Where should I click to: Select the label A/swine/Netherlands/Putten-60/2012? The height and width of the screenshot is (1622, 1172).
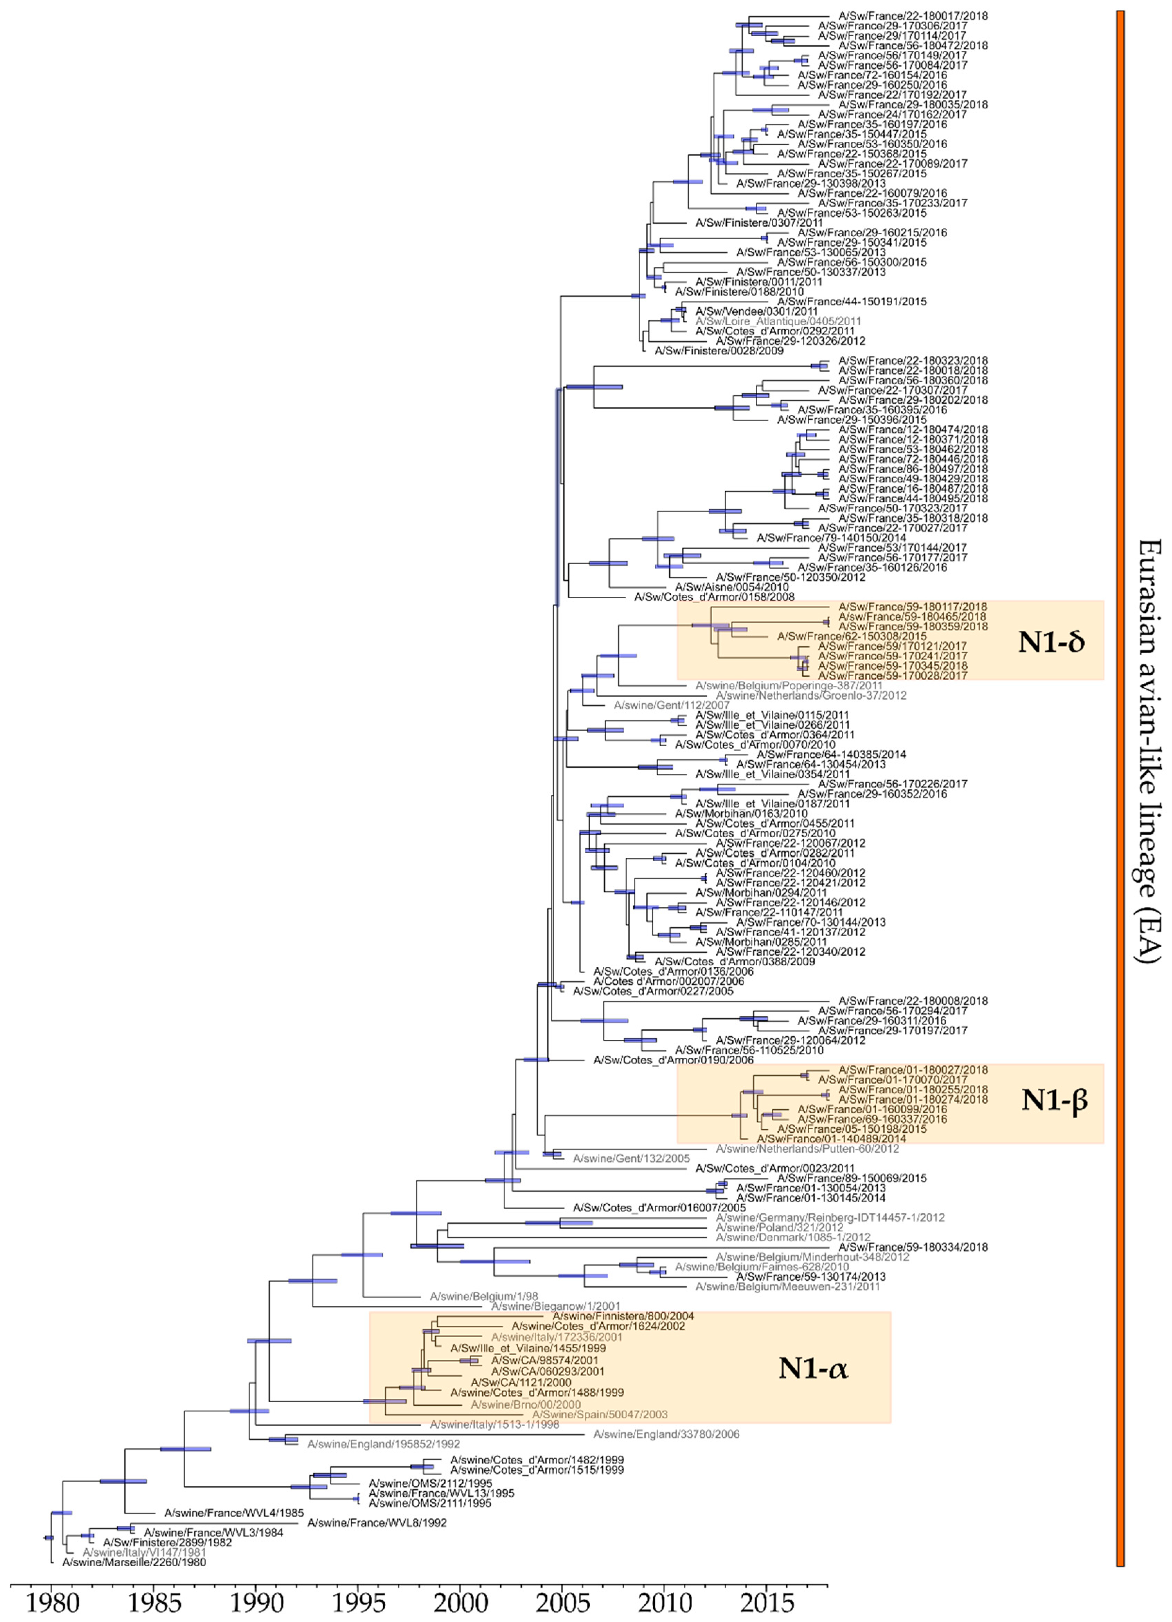point(807,1149)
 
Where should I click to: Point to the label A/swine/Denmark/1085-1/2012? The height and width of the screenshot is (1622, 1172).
point(793,1237)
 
